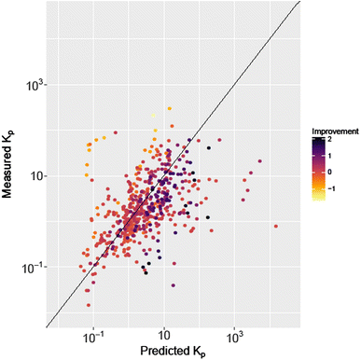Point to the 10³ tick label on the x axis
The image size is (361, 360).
234,334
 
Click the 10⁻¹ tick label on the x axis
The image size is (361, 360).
94,334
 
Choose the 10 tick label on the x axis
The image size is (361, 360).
164,334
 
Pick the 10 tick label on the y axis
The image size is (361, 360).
35,176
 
